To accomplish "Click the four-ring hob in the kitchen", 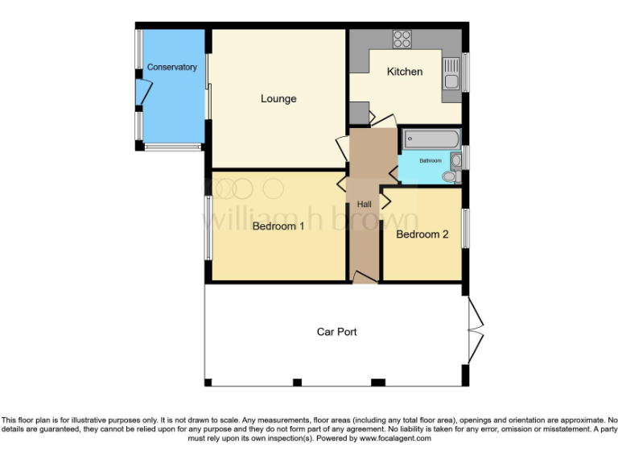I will (402, 39).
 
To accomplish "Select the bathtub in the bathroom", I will (431, 139).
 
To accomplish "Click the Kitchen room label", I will (405, 72).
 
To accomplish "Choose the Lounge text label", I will (278, 99).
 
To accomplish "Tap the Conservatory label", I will (171, 68).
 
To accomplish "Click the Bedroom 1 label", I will (278, 226).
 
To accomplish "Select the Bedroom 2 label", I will (422, 234).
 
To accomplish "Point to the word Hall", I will (364, 205).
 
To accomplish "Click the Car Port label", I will (336, 332).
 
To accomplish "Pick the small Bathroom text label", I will (430, 161).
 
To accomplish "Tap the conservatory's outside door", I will (142, 96).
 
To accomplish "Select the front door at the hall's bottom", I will (365, 278).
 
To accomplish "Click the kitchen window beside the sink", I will (464, 72).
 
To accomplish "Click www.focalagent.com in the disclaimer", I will (395, 439).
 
